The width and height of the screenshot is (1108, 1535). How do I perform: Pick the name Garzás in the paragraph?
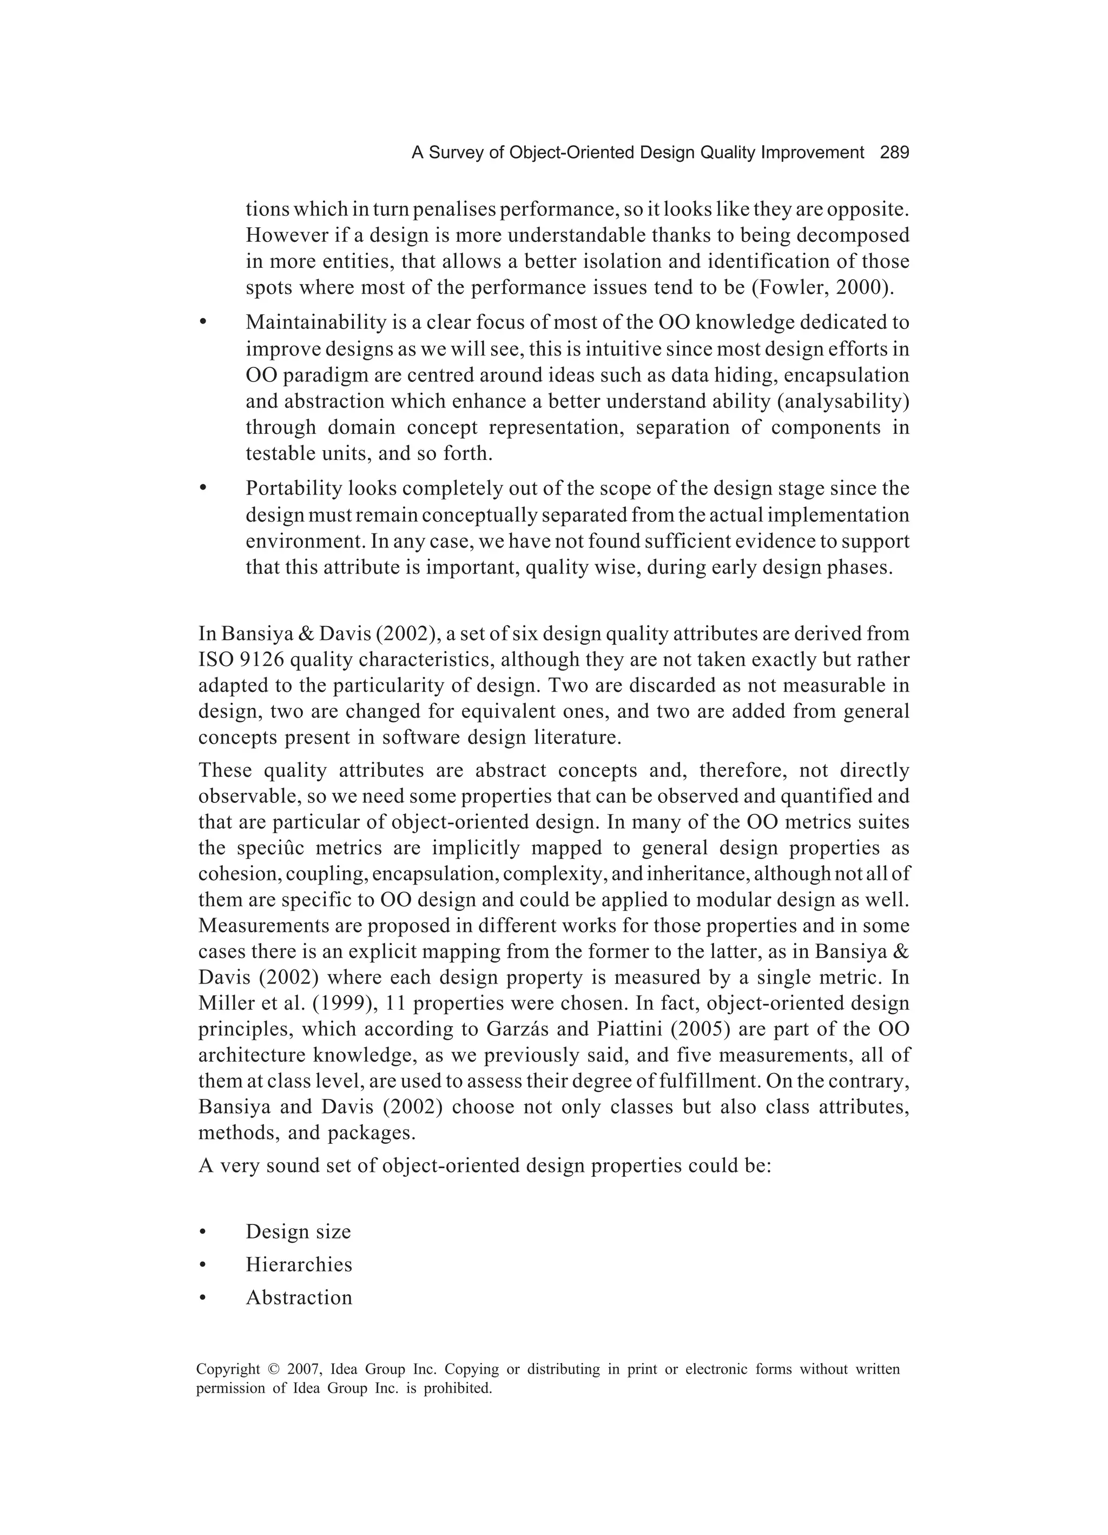(517, 1030)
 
